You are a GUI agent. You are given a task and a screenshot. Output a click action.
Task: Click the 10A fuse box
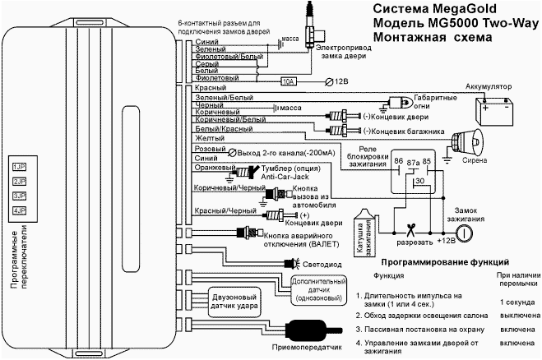[288, 81]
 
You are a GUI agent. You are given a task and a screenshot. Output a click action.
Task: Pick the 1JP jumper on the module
[19, 167]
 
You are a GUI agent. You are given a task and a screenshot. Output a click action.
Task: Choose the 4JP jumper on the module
[19, 210]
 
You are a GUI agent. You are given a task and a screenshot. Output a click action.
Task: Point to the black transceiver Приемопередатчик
[310, 332]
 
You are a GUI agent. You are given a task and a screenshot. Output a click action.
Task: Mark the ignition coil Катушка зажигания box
[362, 230]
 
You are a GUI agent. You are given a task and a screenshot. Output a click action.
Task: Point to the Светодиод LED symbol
[291, 263]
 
